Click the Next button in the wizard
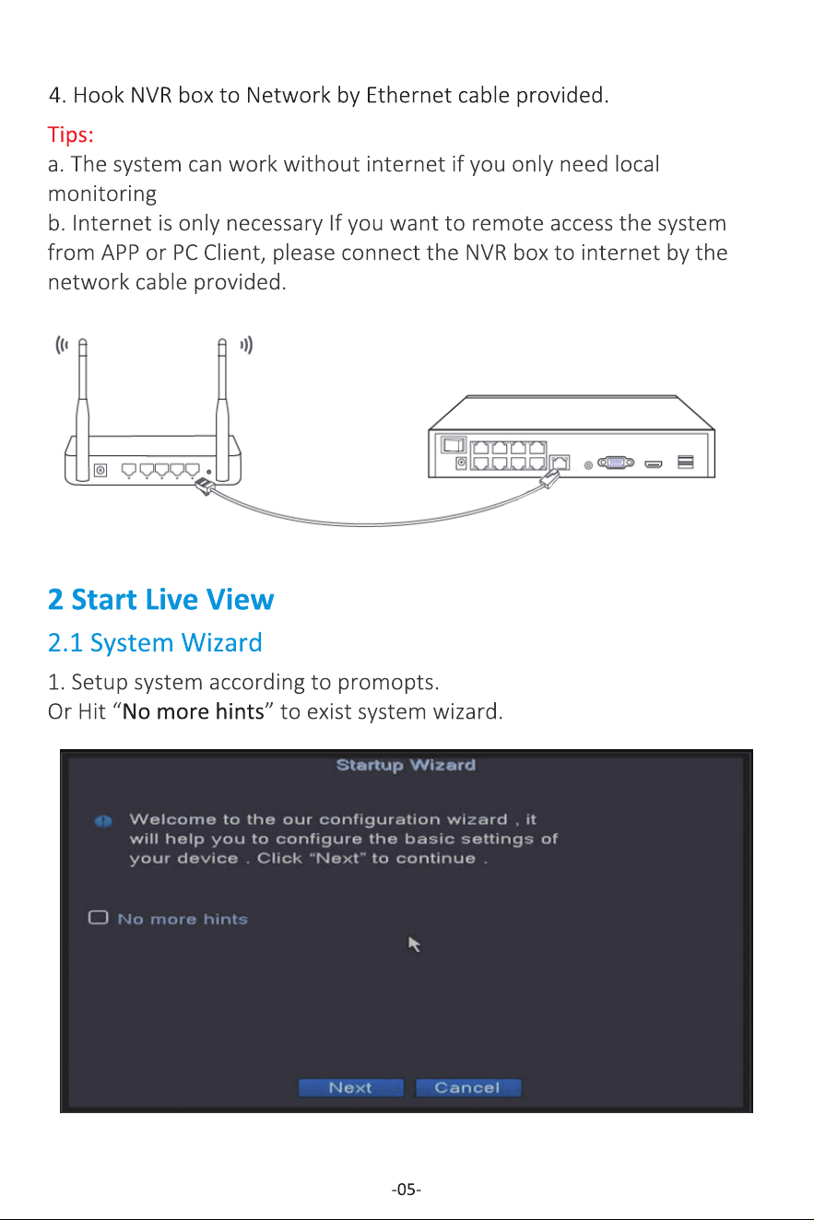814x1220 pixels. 351,1087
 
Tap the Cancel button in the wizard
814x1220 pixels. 468,1087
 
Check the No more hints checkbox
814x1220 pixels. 99,918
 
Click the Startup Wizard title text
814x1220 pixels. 406,765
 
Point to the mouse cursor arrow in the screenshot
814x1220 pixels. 414,944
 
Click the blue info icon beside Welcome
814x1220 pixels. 103,821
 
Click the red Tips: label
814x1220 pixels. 71,134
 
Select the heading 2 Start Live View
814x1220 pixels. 160,600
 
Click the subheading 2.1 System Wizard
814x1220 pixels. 155,642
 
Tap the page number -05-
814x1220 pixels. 407,1189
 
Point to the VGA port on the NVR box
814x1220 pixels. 616,463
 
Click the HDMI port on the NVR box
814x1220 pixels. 654,464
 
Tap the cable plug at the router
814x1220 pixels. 204,486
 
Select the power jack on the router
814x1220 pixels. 100,470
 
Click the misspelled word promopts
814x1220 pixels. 388,683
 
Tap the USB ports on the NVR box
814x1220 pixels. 686,462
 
